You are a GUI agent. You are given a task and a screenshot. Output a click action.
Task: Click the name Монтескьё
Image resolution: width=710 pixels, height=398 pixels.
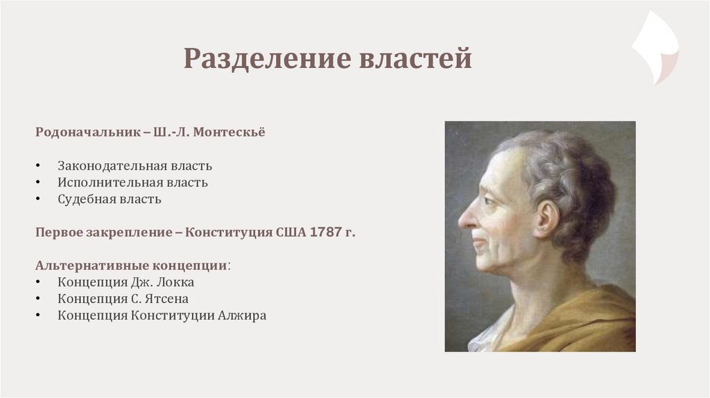(x=229, y=132)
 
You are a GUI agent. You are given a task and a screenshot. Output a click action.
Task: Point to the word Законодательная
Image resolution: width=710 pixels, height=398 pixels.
(x=110, y=166)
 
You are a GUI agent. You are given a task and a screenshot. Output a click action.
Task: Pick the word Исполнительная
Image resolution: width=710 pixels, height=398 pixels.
(x=110, y=182)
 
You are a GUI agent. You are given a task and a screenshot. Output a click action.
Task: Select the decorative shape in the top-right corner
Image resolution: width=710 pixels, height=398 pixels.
(x=655, y=47)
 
